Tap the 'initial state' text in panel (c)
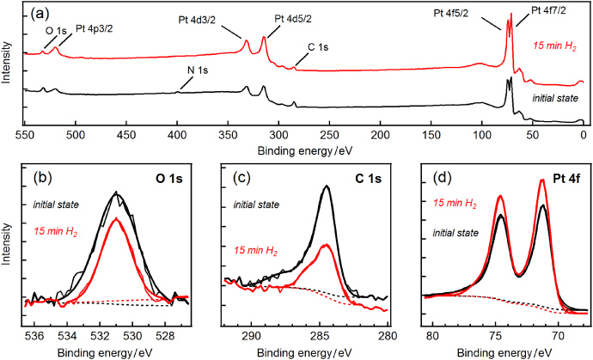point(257,206)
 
